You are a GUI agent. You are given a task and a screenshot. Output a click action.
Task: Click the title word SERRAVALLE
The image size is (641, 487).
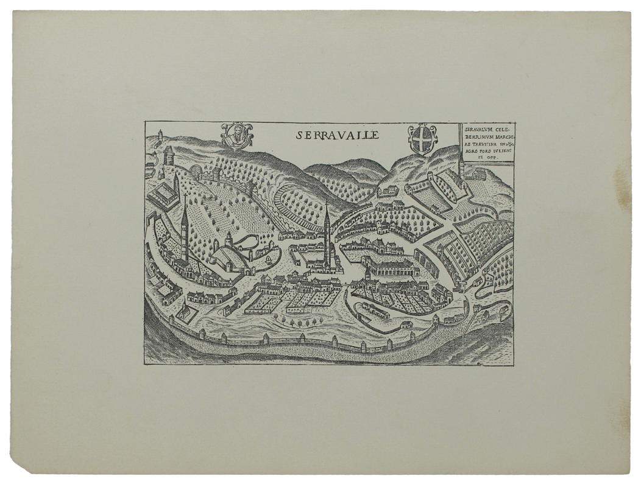pos(338,135)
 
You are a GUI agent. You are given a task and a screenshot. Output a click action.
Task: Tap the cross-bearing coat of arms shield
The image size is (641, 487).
pos(422,139)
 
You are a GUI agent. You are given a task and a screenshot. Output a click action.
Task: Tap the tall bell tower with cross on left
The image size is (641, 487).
pos(184,228)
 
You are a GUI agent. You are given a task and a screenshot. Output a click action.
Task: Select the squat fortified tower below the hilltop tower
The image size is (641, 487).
pos(169,156)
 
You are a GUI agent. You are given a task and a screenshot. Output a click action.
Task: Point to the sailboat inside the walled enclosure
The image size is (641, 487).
pos(267,259)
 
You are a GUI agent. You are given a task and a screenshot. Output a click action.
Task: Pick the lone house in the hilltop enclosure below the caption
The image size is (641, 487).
pos(478,175)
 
